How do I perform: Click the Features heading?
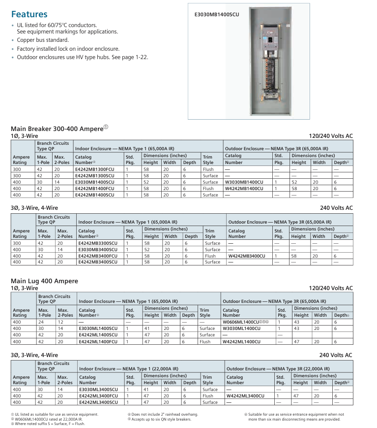click(x=29, y=14)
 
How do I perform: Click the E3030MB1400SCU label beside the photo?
click(x=217, y=15)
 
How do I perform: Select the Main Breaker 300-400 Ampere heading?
click(x=57, y=129)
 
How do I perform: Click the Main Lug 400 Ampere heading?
click(x=44, y=281)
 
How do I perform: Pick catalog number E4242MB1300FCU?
click(x=95, y=169)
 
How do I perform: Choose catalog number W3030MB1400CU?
click(x=244, y=182)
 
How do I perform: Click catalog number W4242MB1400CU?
click(x=244, y=188)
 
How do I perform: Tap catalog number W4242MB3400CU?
click(x=247, y=256)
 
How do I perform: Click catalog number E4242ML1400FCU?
click(x=98, y=341)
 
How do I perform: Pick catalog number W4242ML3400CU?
click(x=245, y=395)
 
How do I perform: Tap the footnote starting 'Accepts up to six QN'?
click(x=164, y=420)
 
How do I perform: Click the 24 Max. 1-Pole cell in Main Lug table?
click(x=41, y=322)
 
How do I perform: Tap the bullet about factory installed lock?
click(x=68, y=49)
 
